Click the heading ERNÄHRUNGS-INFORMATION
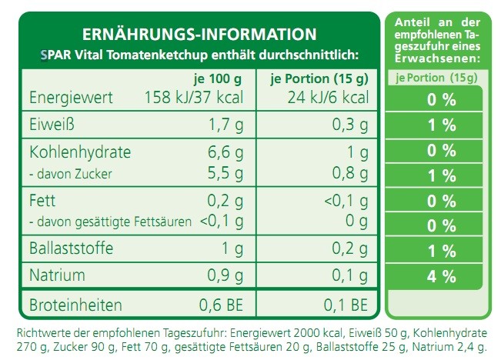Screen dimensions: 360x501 point(199,35)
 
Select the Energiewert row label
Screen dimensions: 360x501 point(71,98)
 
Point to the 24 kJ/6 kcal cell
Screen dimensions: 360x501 point(328,98)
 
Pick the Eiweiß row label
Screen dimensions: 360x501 point(51,124)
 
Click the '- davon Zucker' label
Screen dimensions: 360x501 point(70,175)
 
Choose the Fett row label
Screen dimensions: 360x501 point(42,201)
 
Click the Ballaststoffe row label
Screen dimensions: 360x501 point(71,249)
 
